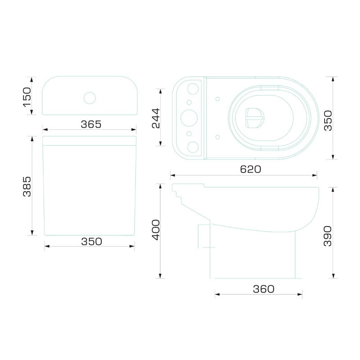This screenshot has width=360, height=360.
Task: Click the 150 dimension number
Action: (27, 97)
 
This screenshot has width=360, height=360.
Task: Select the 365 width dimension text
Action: (91, 124)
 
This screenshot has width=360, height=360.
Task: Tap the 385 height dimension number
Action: (27, 186)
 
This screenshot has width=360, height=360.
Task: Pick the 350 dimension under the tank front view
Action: (91, 242)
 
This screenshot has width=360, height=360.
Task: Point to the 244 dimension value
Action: (156, 118)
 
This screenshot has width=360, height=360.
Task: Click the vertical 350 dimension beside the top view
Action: (328, 121)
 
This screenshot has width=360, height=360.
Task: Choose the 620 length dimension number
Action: (251, 169)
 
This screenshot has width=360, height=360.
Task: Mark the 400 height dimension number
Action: (156, 230)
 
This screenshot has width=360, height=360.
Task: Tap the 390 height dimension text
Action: (328, 236)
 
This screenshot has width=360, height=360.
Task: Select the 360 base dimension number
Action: (264, 289)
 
